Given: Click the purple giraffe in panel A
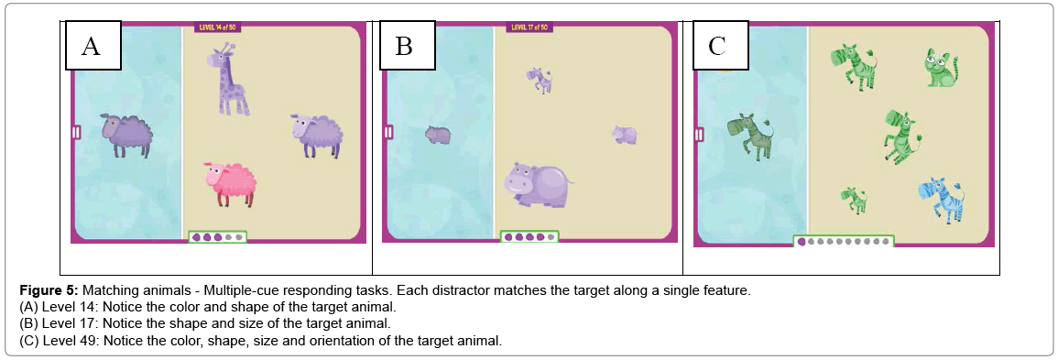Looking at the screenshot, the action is click(x=229, y=81).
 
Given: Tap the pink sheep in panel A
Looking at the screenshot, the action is click(x=230, y=183).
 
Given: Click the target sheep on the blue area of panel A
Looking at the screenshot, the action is click(x=126, y=135).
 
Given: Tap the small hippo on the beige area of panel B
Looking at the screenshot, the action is click(x=625, y=134).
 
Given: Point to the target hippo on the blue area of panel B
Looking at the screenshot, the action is click(x=438, y=135).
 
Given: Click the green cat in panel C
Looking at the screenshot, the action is click(x=941, y=68).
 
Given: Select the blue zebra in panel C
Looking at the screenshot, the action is click(x=942, y=200).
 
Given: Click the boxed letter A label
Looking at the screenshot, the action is click(x=93, y=45).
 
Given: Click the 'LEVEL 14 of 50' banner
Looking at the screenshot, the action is click(x=217, y=27).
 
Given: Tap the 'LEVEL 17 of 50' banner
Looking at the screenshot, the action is click(x=529, y=27).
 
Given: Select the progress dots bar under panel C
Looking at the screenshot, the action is click(x=844, y=241).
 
